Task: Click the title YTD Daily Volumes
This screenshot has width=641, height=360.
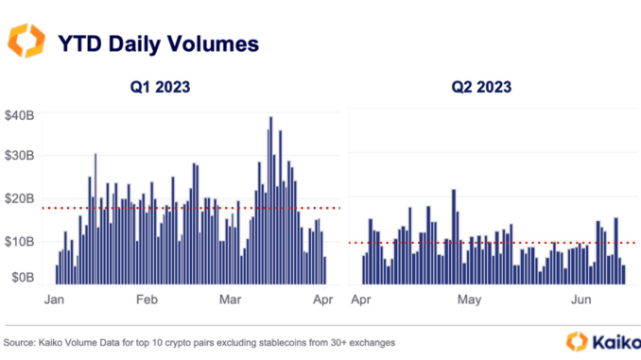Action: (x=158, y=43)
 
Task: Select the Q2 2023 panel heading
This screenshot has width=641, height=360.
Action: (x=480, y=88)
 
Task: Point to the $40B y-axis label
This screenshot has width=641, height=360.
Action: (x=20, y=115)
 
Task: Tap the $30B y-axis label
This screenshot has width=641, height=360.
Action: (x=20, y=156)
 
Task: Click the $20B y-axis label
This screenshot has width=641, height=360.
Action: (x=20, y=197)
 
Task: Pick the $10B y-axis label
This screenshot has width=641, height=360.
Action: (x=20, y=242)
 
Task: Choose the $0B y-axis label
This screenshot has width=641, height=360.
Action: (x=22, y=279)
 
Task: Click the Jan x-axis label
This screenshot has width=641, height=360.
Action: (x=55, y=300)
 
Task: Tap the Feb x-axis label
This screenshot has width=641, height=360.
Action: (x=147, y=300)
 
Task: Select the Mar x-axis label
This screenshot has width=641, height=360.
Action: (x=232, y=300)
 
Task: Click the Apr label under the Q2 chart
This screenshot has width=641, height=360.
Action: (x=361, y=300)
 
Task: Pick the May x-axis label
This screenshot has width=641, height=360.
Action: (x=470, y=300)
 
